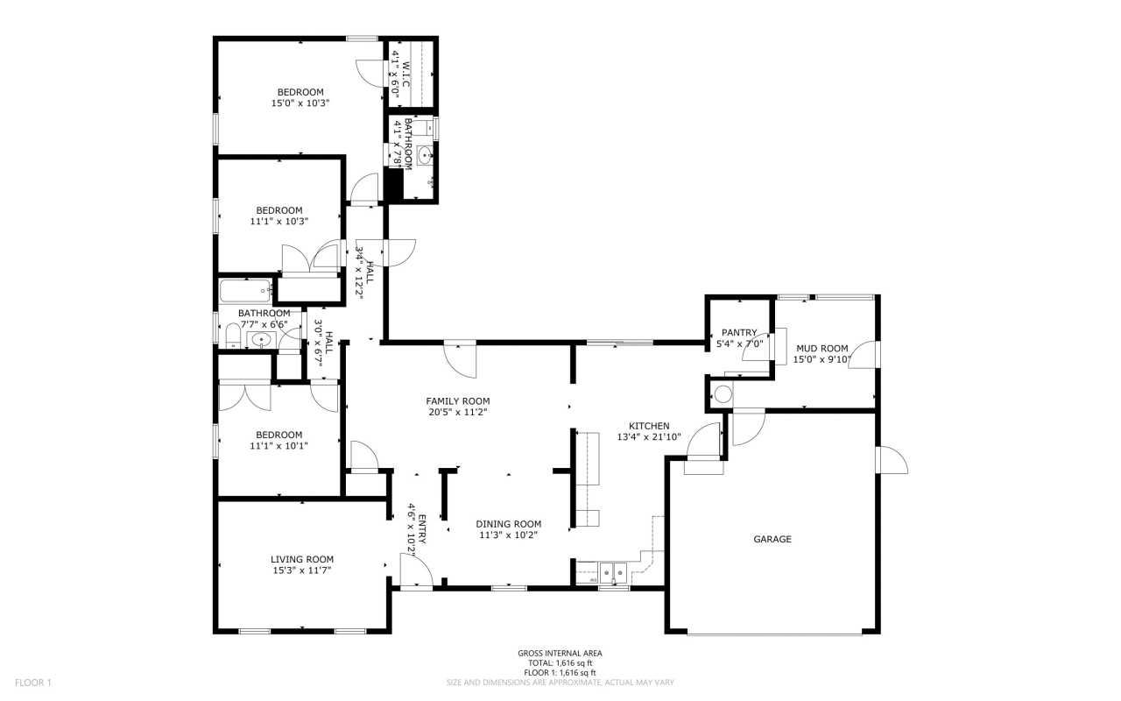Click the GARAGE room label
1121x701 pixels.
(772, 540)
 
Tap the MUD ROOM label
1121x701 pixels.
(821, 348)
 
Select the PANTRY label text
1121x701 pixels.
(738, 332)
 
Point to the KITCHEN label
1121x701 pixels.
(648, 426)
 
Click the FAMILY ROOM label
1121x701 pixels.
(457, 400)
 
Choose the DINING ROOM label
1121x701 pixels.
(508, 524)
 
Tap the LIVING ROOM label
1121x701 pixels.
(301, 559)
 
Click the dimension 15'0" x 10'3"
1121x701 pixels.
(300, 103)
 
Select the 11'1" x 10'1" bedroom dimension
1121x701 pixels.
(278, 445)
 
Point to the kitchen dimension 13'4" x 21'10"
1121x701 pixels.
(648, 437)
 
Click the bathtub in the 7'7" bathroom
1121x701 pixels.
(246, 291)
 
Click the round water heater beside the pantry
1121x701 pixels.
(723, 394)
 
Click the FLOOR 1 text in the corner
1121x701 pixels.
(34, 682)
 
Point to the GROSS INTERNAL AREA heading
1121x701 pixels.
(560, 654)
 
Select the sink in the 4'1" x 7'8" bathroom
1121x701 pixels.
(426, 156)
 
